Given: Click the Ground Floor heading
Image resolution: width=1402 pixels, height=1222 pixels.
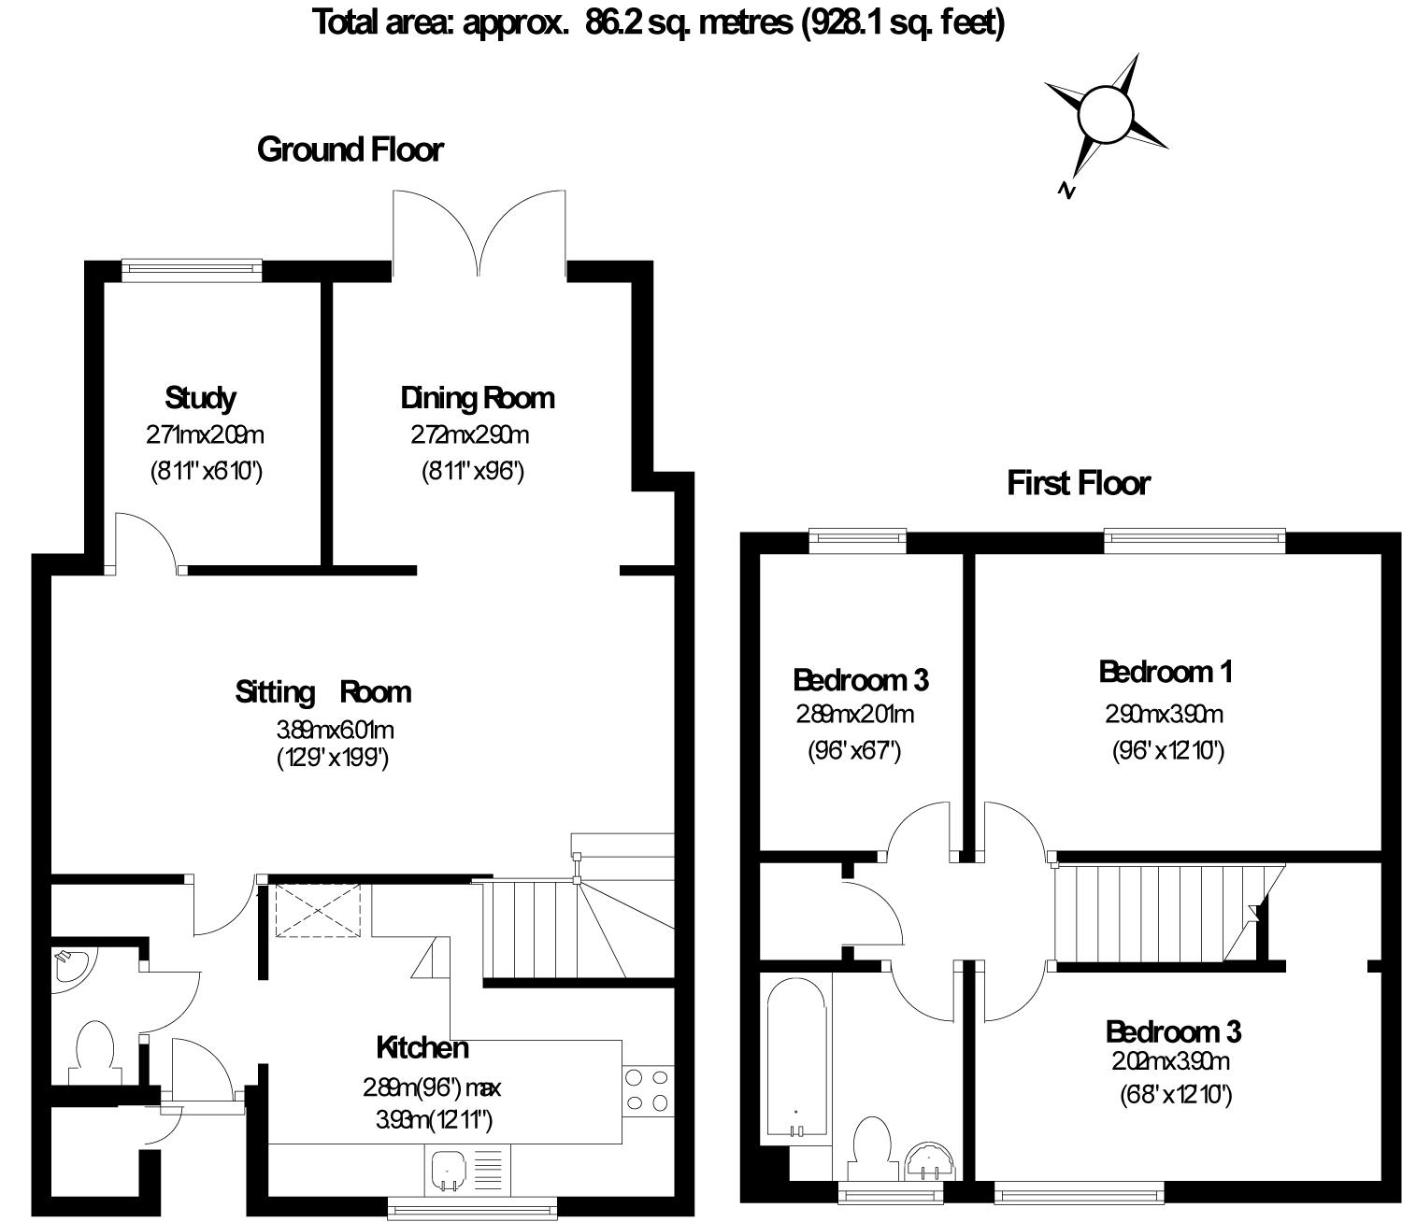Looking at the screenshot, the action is coord(350,149).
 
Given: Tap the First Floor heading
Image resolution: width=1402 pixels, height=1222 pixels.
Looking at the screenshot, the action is coord(1078,483).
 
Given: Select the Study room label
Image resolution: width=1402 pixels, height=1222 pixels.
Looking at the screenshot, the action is coord(200,398).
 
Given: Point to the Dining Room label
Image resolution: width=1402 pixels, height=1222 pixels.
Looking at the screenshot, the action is coord(477,398).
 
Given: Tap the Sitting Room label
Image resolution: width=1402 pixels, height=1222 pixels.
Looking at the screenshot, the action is coord(322,692).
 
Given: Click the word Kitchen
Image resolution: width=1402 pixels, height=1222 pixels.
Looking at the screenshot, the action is coord(422,1048).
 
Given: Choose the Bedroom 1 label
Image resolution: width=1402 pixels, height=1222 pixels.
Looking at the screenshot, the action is coord(1165,672).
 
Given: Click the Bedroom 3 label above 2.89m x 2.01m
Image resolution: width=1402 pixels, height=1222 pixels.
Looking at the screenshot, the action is coord(860,679).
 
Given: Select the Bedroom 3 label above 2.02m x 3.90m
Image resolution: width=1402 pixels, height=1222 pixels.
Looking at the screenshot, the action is coord(1172,1031).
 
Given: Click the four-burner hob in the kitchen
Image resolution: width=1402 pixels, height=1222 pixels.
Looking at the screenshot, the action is coord(648,1090).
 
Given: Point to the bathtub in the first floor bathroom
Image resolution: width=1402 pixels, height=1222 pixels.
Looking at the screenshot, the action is coord(796,1056).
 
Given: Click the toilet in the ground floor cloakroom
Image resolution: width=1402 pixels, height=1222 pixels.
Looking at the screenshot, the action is coord(94,1051).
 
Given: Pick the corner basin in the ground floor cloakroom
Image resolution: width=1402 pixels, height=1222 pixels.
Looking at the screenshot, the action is coord(69,966).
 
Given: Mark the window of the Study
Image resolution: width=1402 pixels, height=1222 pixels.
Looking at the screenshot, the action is coord(192,269).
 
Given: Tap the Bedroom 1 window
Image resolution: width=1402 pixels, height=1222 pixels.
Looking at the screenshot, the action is coord(1195,537).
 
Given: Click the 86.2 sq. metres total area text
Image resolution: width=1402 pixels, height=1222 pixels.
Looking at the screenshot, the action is coord(659,21).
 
